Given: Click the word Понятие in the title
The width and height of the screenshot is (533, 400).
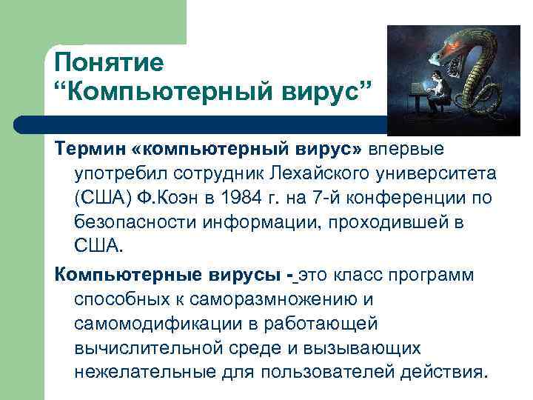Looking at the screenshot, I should pos(109,63).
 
